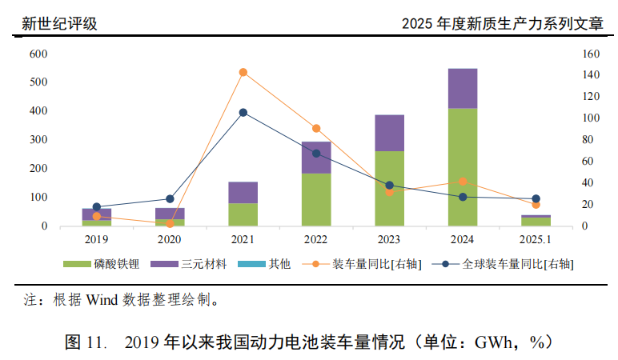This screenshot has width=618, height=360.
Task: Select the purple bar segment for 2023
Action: tap(389, 133)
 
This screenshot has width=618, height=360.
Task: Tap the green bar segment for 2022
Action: tap(316, 199)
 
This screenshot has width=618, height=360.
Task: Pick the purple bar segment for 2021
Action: tap(243, 193)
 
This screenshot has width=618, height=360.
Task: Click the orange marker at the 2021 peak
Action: tap(243, 72)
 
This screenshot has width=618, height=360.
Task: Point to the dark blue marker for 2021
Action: tap(243, 113)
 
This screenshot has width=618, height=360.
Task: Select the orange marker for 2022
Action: tap(316, 128)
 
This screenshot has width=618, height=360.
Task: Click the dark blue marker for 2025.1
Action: tap(536, 198)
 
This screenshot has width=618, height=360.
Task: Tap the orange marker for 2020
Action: tap(170, 223)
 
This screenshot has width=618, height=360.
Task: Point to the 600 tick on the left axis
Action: tap(38, 54)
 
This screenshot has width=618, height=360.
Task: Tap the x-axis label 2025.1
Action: tap(536, 239)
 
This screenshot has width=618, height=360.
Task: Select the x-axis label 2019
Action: tap(96, 239)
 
